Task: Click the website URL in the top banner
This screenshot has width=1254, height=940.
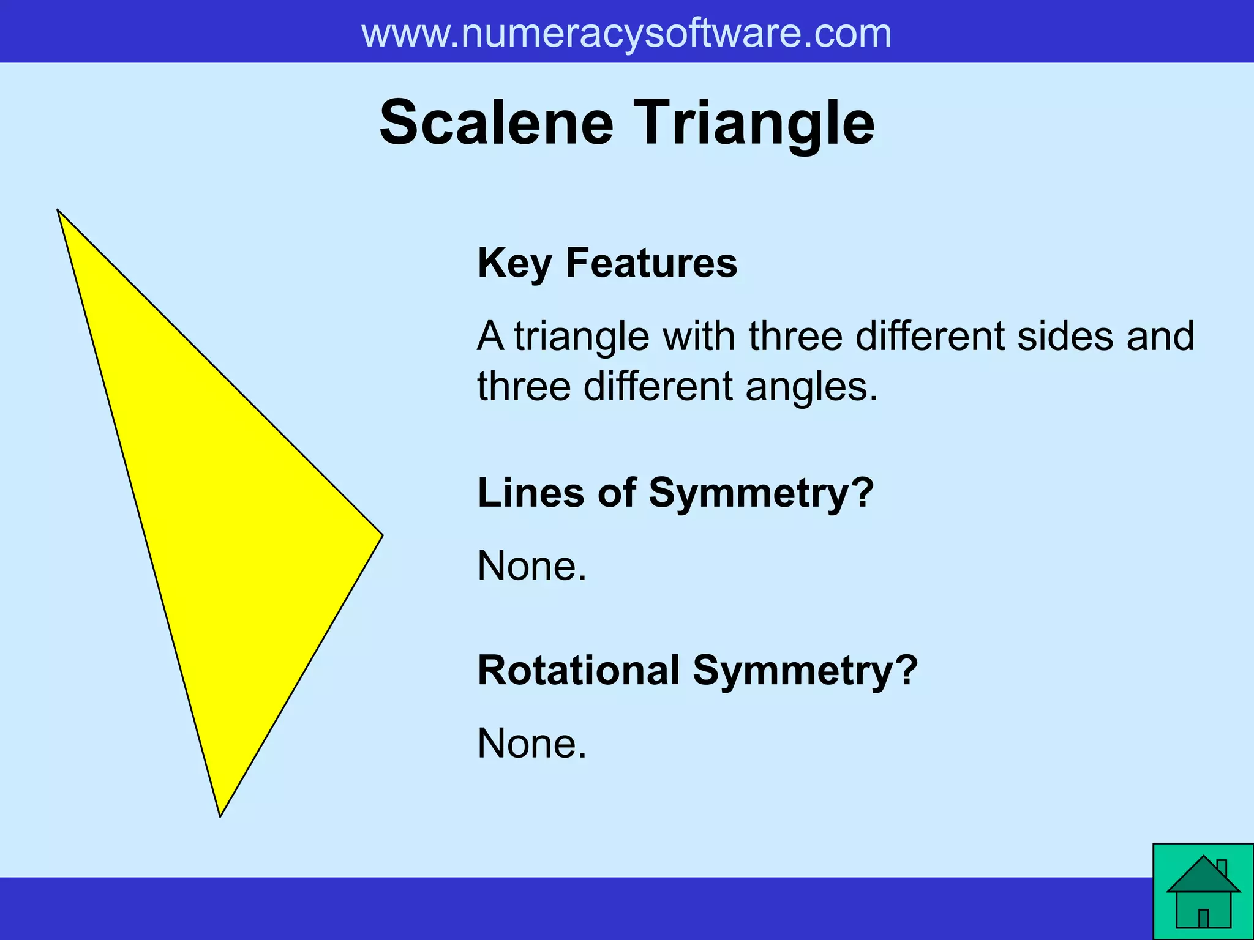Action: (626, 33)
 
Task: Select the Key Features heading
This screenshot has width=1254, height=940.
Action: (607, 263)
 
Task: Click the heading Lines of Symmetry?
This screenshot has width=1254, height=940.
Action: (675, 493)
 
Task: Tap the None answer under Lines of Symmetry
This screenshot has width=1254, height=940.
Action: (531, 565)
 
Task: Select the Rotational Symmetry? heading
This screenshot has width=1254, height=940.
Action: (697, 670)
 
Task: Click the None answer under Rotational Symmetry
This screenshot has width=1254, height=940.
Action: (531, 744)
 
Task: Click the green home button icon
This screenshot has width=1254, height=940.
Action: (1203, 892)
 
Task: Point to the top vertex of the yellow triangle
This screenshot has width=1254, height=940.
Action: (59, 211)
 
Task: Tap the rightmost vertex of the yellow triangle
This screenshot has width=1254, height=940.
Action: (381, 535)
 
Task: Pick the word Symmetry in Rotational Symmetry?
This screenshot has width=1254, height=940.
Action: (805, 670)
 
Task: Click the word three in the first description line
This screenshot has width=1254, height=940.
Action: (795, 336)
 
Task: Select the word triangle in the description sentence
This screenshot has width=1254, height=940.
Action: (581, 336)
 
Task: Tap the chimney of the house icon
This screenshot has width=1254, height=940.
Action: (1222, 868)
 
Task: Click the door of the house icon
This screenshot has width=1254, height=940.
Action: (1203, 918)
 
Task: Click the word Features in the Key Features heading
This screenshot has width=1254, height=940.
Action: (651, 263)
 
